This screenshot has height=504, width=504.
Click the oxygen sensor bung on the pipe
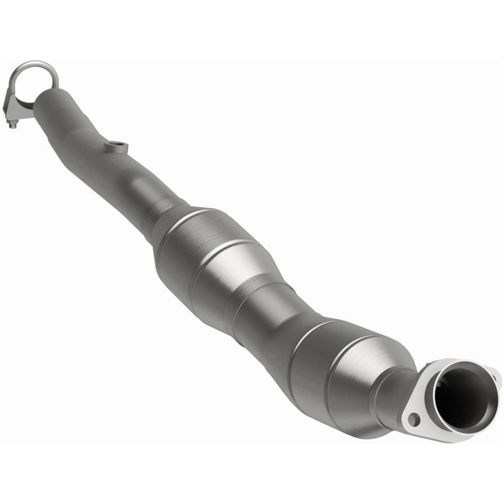point(115,148)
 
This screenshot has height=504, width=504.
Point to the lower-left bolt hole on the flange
point(413,418)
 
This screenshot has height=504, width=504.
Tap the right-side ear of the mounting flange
point(492,376)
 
